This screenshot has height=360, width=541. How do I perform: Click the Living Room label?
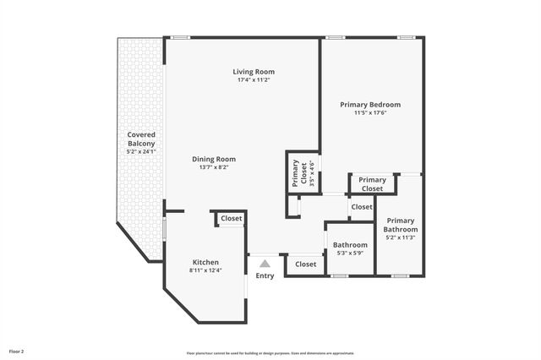tap(254, 72)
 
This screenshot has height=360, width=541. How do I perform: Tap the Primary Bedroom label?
tap(370, 105)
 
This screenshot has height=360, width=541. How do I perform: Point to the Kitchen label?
tap(205, 261)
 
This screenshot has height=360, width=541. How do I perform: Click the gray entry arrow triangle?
tap(265, 264)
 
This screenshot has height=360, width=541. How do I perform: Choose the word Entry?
tap(265, 276)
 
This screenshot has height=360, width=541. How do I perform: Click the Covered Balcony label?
tap(141, 139)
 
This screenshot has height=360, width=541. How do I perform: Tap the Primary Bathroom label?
tap(401, 225)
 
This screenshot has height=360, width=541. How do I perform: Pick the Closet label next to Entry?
tap(306, 265)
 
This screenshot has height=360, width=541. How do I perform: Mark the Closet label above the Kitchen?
tap(232, 219)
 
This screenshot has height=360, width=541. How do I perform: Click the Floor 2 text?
tap(17, 350)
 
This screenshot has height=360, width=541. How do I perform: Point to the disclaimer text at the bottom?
tap(270, 352)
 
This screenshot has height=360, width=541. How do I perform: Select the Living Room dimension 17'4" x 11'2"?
tap(254, 80)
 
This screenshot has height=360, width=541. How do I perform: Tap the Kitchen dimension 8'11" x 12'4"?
tap(205, 270)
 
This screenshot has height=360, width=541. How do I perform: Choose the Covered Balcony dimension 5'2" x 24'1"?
tap(141, 152)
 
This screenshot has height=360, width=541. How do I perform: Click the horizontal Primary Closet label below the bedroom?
tap(372, 184)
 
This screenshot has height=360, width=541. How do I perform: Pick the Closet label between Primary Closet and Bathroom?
tap(362, 207)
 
